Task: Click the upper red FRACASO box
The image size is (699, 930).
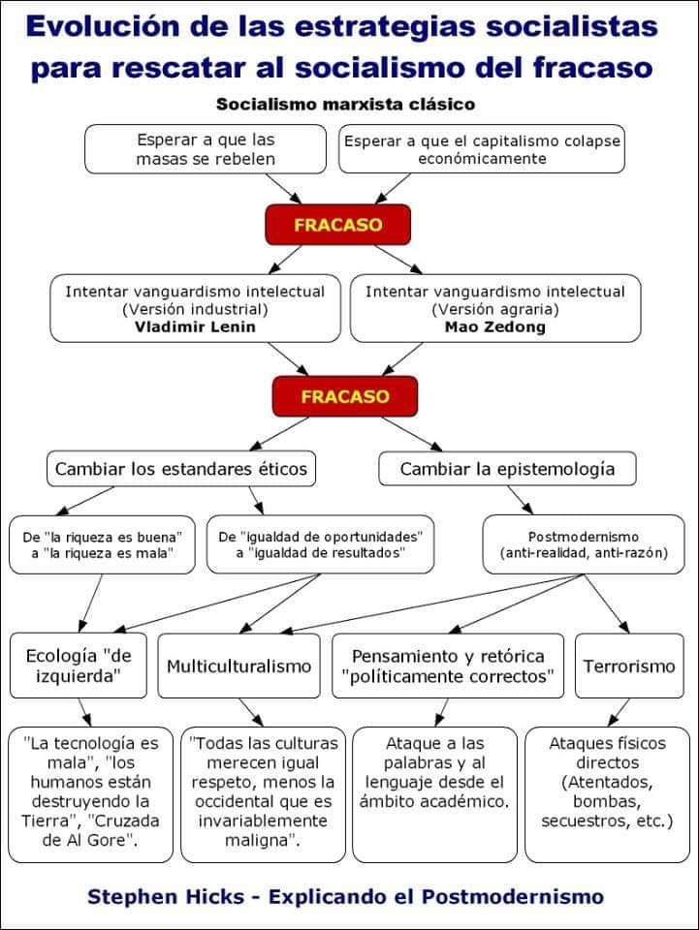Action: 337,225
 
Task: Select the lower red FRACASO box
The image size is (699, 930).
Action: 345,396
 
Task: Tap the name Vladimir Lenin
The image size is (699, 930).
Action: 195,325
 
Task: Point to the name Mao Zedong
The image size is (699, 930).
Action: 494,325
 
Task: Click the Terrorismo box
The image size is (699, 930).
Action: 629,666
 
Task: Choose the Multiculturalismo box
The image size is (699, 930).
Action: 238,666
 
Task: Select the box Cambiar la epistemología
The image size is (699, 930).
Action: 508,469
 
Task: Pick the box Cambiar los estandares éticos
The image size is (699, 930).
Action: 181,469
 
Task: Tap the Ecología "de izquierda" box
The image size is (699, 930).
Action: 79,666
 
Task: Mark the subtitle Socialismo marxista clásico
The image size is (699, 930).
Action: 345,104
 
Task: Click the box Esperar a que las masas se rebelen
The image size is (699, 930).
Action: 207,148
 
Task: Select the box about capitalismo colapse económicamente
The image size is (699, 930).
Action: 482,148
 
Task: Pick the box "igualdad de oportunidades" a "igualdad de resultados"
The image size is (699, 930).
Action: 321,543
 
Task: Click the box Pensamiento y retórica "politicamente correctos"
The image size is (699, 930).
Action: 448,666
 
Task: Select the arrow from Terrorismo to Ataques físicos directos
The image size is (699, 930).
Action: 617,713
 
